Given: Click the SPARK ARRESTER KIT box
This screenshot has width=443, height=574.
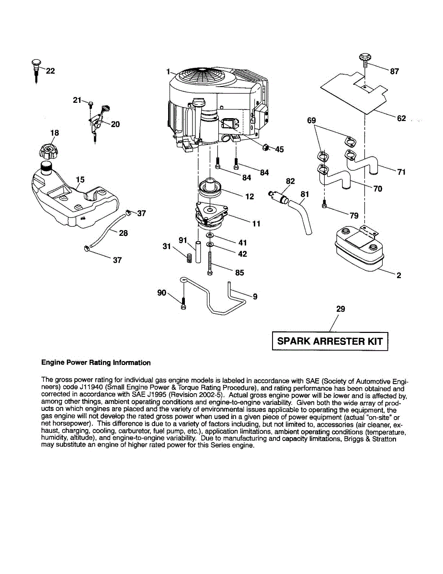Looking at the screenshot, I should [x=330, y=341].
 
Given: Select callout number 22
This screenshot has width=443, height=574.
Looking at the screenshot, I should [x=50, y=71].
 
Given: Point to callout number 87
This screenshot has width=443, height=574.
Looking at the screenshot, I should [x=395, y=72].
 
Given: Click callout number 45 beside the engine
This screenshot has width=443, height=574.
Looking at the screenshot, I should [x=279, y=150].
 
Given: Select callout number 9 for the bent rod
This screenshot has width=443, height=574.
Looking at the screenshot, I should [x=255, y=297].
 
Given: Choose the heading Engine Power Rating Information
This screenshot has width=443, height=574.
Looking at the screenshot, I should [x=96, y=363].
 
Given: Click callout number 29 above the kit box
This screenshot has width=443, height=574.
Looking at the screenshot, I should [x=341, y=309].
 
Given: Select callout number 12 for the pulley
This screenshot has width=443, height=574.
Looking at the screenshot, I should [x=250, y=196].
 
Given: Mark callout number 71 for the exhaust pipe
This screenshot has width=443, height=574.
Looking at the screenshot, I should [x=401, y=172].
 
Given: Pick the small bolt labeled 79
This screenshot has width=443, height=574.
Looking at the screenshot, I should [x=325, y=205].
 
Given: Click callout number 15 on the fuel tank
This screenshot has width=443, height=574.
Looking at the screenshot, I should [x=80, y=179].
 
